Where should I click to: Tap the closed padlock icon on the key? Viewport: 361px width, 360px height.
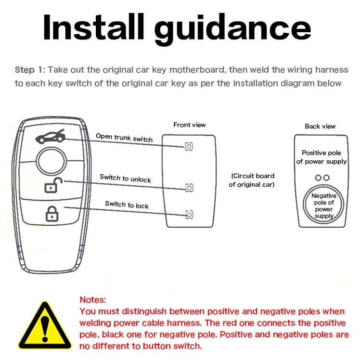pyautogui.click(x=52, y=213)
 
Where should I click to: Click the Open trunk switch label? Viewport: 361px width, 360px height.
pyautogui.click(x=124, y=138)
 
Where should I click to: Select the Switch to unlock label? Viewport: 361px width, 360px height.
pyautogui.click(x=125, y=178)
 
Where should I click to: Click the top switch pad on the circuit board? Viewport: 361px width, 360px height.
pyautogui.click(x=189, y=147)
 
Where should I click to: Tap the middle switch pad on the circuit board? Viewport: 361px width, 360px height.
pyautogui.click(x=189, y=187)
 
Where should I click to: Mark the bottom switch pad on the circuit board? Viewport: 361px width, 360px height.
pyautogui.click(x=189, y=214)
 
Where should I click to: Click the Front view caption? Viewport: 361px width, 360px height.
pyautogui.click(x=189, y=125)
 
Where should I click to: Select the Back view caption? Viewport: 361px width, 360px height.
pyautogui.click(x=320, y=126)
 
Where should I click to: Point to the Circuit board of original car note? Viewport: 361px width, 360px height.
pyautogui.click(x=252, y=180)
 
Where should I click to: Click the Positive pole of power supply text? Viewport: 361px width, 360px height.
pyautogui.click(x=321, y=157)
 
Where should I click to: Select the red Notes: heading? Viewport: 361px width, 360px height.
pyautogui.click(x=93, y=300)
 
